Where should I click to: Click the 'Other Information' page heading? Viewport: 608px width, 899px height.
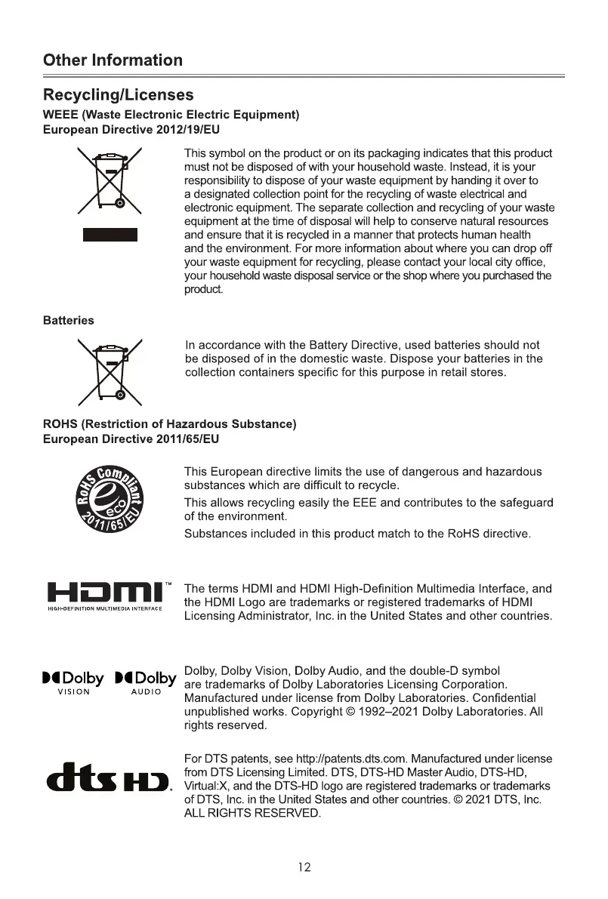(113, 60)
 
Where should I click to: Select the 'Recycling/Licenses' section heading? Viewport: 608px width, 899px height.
(118, 95)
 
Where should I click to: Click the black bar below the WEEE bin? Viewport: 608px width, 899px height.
(110, 233)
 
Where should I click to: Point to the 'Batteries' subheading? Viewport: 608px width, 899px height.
(69, 321)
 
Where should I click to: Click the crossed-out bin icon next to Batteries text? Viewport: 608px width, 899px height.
(110, 371)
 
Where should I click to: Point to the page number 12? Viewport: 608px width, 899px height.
(304, 867)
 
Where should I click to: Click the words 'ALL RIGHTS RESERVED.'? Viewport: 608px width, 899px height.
(253, 813)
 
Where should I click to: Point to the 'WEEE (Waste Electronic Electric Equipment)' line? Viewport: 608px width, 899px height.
(171, 115)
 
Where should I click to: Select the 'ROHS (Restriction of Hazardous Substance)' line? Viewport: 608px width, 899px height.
(169, 424)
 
